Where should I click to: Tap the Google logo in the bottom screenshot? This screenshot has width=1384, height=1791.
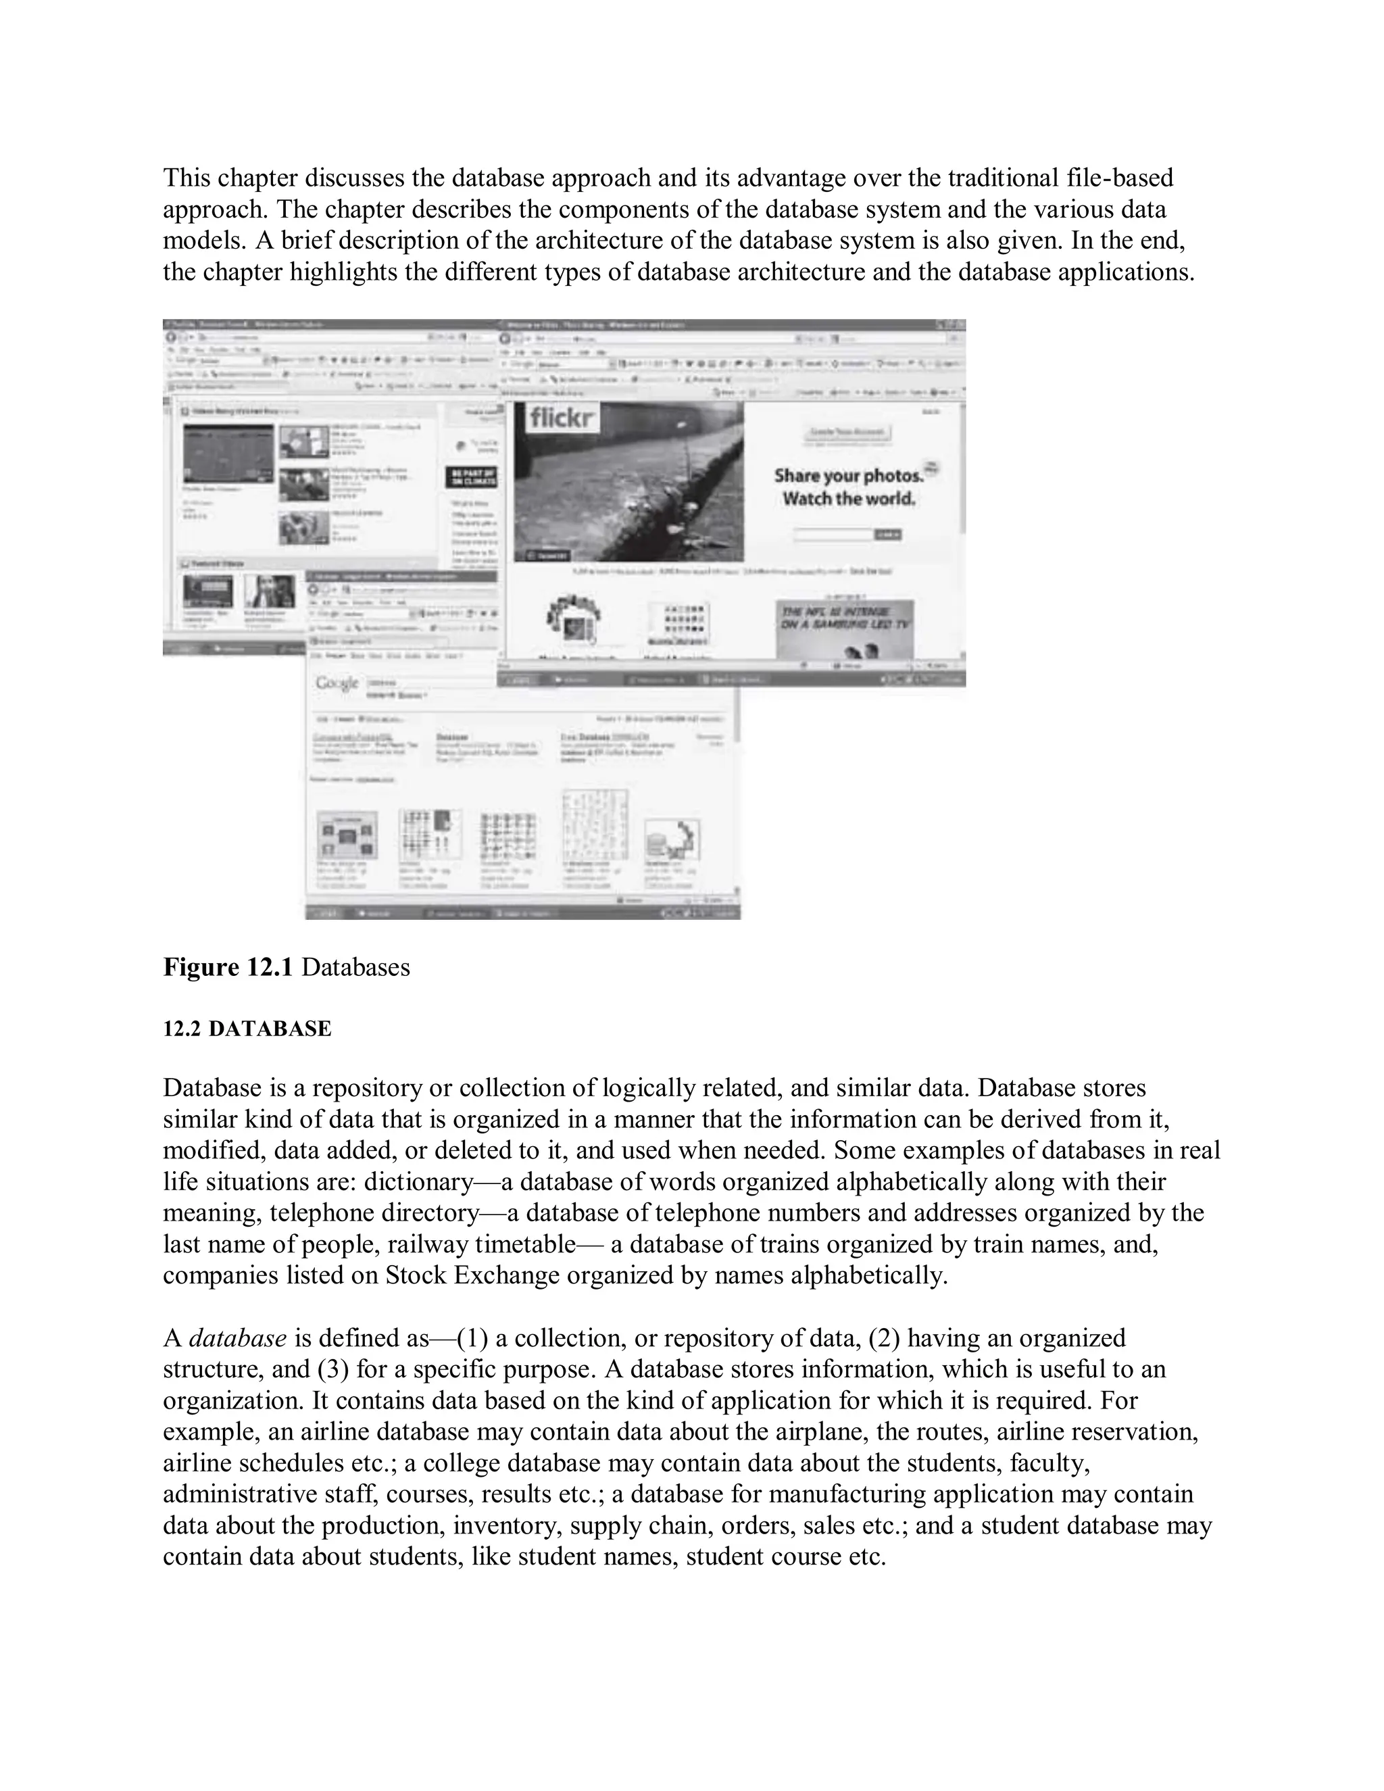tap(337, 683)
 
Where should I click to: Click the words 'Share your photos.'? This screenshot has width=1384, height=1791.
tap(848, 476)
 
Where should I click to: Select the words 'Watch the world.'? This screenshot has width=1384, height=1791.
tap(849, 499)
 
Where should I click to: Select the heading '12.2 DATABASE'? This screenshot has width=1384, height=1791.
tap(247, 1029)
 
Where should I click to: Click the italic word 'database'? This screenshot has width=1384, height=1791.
tap(238, 1338)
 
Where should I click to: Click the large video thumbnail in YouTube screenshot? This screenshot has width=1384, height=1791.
tap(228, 453)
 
